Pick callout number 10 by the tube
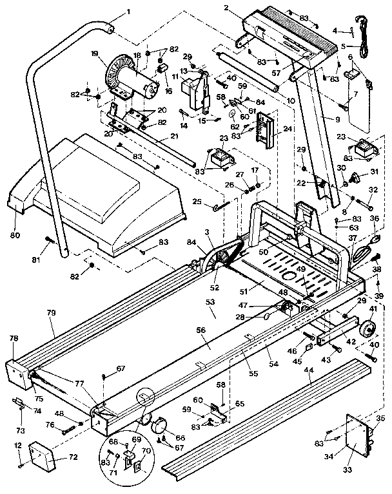click(x=291, y=100)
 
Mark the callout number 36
click(x=375, y=219)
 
